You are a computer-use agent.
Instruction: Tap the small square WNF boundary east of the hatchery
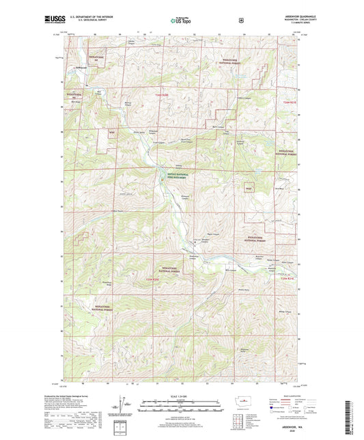click(x=249, y=187)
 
